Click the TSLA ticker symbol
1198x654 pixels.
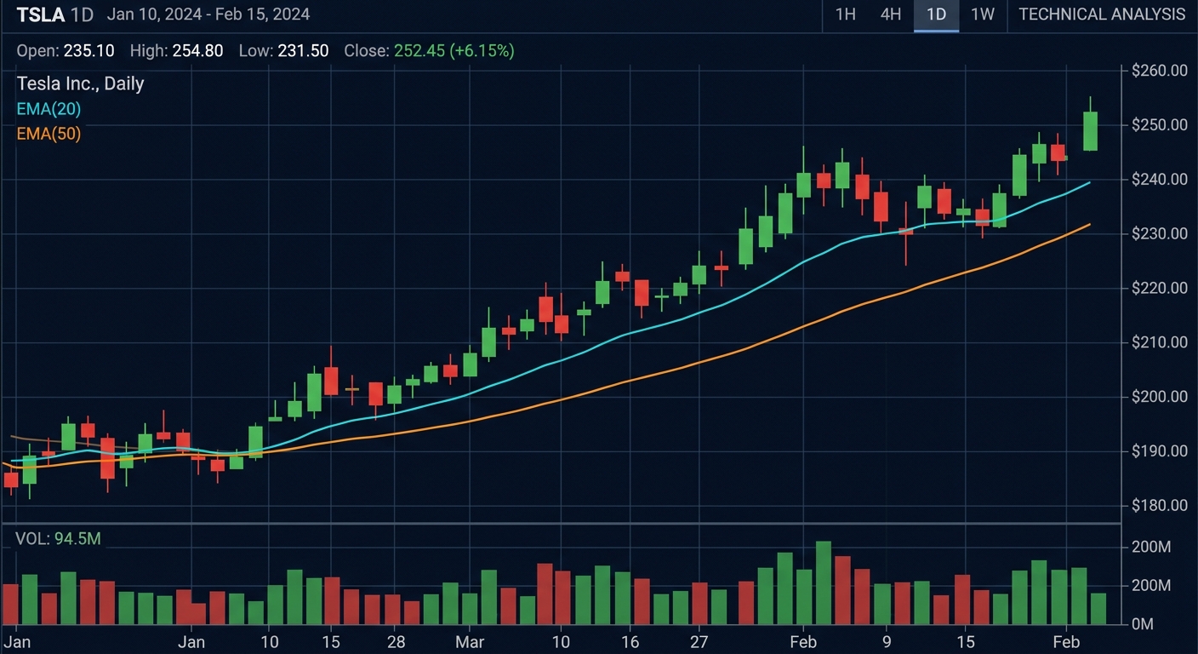point(41,14)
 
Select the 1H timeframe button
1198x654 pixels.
point(845,14)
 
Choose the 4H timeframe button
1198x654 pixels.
point(890,14)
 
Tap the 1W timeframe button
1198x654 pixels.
point(982,14)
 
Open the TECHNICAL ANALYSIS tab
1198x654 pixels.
point(1101,14)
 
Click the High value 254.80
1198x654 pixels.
point(197,51)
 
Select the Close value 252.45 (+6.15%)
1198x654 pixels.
point(454,51)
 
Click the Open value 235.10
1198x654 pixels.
point(88,51)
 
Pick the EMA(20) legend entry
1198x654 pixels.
point(48,109)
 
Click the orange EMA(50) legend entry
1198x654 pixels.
point(48,134)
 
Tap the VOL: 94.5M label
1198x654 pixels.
point(58,539)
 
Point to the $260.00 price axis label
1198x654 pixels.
point(1159,71)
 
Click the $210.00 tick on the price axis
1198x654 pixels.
point(1159,342)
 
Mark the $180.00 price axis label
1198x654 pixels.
point(1159,506)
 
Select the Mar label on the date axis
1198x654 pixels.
point(469,641)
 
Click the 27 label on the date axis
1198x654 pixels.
point(699,641)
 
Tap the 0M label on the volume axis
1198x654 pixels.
point(1142,624)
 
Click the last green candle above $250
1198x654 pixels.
point(1090,131)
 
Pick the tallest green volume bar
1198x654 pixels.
point(823,582)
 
